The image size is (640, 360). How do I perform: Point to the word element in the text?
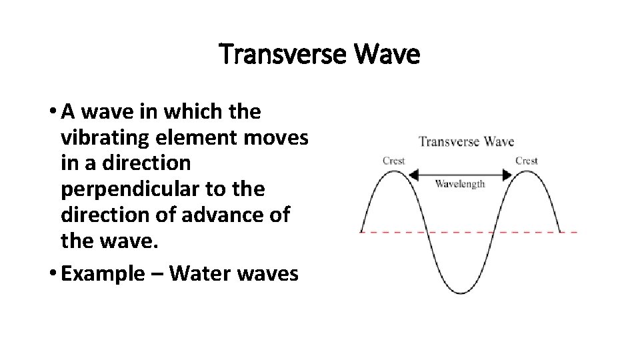[189, 138]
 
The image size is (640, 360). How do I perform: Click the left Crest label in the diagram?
[393, 161]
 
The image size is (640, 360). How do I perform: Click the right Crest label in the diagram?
[527, 161]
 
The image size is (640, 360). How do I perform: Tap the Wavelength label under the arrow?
[460, 184]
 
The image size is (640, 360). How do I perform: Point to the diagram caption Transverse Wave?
[466, 141]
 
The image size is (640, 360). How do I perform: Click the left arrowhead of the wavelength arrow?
[411, 174]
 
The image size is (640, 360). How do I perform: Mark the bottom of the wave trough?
[459, 293]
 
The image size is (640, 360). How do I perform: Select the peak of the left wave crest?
[393, 171]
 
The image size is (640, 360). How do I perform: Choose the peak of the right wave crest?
[527, 171]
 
